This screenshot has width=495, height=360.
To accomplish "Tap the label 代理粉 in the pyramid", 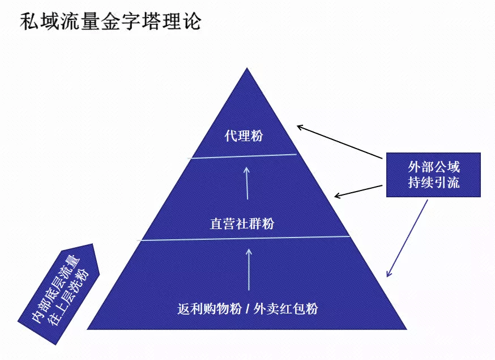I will pos(244,136).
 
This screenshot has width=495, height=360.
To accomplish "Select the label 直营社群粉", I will pos(242,223).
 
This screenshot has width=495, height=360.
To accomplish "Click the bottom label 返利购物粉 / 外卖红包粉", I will pos(247,308).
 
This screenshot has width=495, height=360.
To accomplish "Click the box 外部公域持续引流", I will pos(433,175).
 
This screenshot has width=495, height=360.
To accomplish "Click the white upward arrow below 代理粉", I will pos(247,182).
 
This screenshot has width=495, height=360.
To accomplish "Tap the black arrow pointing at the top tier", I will pos(340,142).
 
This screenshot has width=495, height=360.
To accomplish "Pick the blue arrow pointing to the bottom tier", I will pos(407,238).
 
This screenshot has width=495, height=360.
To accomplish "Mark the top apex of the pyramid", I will pos(247,69).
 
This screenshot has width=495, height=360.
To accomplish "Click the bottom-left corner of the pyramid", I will pos(88,328).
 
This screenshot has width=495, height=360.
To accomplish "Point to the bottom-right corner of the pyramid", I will pos(406,328).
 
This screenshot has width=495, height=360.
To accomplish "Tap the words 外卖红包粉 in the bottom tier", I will pos(286,308).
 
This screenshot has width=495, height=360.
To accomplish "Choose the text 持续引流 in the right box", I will pos(433,183).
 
